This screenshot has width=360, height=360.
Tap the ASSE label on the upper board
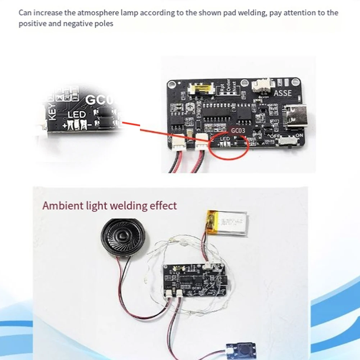[x=283, y=93]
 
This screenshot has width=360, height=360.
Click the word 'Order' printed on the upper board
[x=229, y=85]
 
